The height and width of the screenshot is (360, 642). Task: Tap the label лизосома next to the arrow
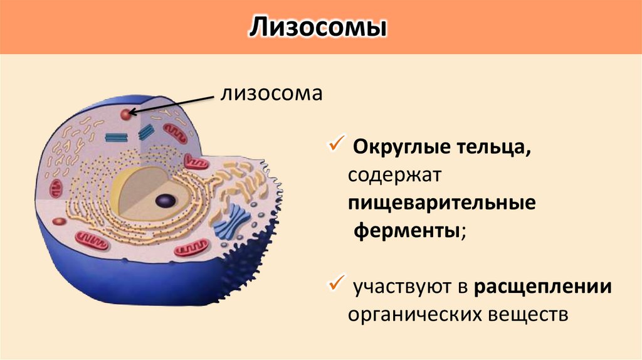coord(270,94)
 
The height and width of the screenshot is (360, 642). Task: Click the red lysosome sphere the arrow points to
coord(127,114)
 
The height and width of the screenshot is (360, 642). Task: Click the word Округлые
coord(392,149)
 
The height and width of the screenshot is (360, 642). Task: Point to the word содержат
coord(396,176)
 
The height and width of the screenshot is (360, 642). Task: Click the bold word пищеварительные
coord(443,204)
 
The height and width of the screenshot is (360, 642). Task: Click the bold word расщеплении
coord(543,287)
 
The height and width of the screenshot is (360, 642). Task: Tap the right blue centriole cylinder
coord(146,131)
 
